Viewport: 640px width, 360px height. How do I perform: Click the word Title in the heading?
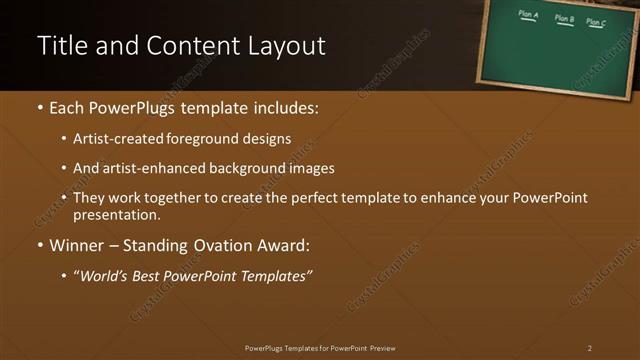[x=59, y=46]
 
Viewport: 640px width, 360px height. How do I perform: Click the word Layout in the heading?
[x=289, y=46]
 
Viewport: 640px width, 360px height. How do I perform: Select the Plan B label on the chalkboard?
[x=564, y=18]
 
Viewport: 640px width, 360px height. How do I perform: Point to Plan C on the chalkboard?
[x=596, y=21]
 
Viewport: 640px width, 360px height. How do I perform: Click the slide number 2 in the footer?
[x=589, y=348]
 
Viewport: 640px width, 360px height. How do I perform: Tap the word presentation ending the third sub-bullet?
[x=116, y=214]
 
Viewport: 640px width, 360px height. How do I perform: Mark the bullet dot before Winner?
[x=40, y=243]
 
